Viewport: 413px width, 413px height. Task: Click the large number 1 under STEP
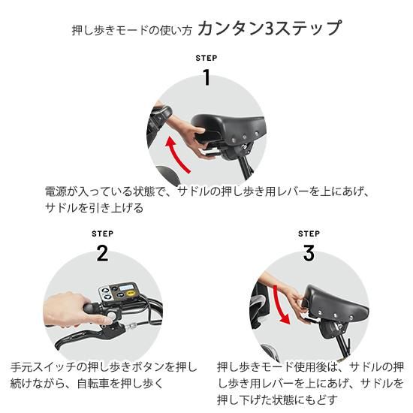click(207, 77)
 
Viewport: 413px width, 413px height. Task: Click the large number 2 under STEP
click(102, 253)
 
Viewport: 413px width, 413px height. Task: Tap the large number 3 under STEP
click(309, 253)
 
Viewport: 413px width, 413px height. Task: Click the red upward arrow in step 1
click(176, 155)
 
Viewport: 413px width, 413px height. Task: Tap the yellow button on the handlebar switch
click(130, 294)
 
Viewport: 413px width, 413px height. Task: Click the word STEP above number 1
click(206, 58)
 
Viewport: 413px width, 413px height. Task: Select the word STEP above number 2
click(102, 234)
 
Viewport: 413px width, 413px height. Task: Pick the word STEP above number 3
click(309, 234)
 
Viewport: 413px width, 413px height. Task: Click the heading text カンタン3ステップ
click(270, 28)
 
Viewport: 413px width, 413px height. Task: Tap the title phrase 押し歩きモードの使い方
click(131, 31)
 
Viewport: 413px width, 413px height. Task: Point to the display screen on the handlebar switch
click(125, 287)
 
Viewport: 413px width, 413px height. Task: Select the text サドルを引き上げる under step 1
click(95, 208)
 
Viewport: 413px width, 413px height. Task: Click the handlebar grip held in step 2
click(92, 309)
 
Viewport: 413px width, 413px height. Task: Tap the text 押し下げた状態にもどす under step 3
click(277, 400)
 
